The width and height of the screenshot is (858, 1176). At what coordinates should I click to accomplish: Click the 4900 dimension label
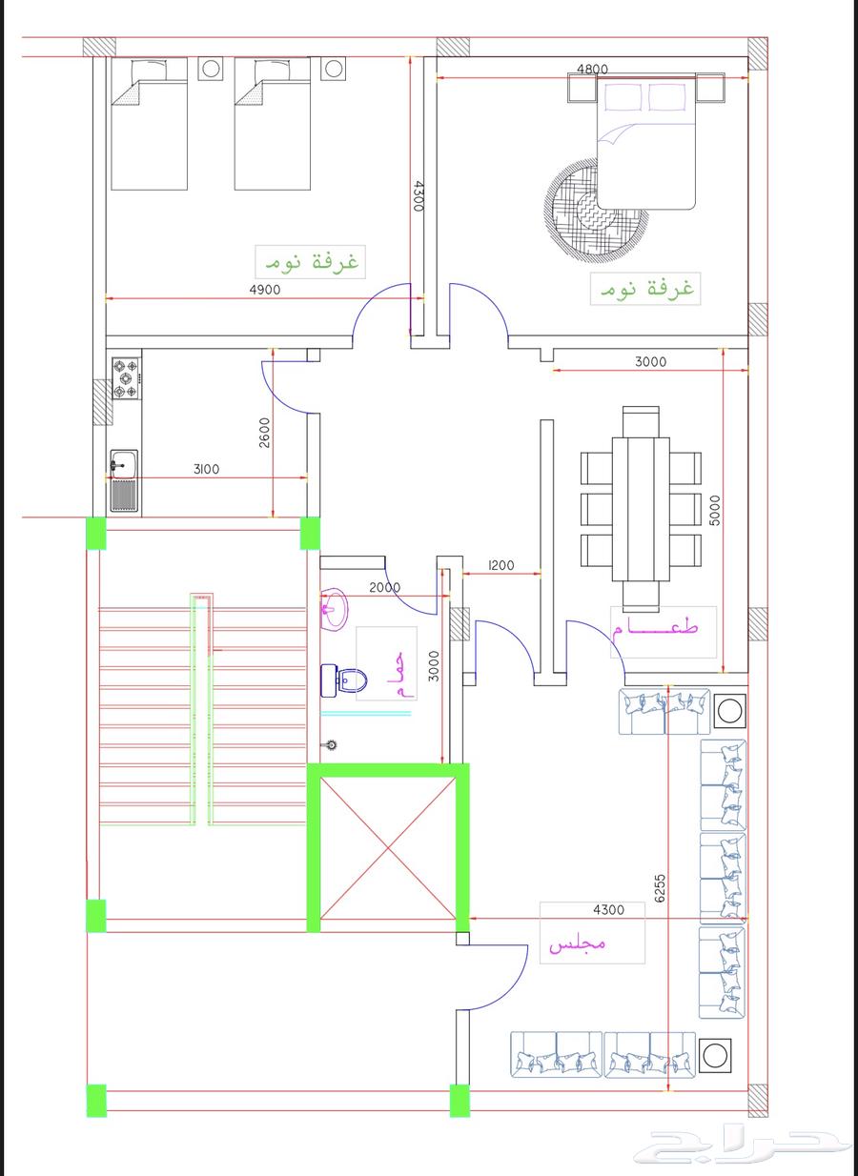tap(265, 290)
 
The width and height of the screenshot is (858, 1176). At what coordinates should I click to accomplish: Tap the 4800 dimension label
tap(592, 70)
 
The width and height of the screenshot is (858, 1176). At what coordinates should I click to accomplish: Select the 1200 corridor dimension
tap(500, 565)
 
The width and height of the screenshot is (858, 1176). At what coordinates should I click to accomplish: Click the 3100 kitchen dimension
tap(207, 469)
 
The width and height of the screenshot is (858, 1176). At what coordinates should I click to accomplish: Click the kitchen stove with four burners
tap(126, 378)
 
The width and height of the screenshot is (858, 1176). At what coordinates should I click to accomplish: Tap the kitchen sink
tap(124, 480)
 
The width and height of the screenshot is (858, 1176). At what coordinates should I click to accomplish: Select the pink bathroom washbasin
tap(335, 610)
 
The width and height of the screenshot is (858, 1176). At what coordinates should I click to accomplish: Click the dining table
tap(641, 509)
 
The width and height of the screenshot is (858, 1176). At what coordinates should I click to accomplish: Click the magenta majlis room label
tap(578, 943)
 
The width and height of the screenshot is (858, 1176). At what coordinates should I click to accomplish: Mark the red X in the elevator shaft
tap(387, 848)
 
